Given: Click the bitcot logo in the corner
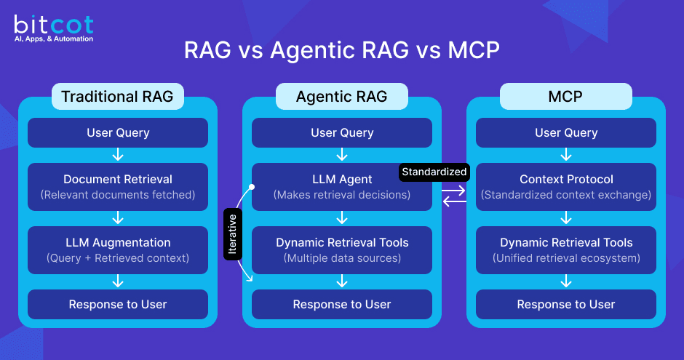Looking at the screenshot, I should (53, 27).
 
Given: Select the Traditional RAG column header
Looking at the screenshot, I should (117, 96).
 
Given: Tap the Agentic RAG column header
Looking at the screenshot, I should (341, 96).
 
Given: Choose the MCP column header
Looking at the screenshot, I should (565, 96).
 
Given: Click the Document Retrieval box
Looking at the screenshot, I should (117, 187).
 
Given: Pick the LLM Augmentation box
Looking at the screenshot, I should (117, 249).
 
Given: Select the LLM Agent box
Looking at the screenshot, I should (341, 187).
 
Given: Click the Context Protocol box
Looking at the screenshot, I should (565, 187).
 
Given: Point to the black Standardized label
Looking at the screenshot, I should (434, 172).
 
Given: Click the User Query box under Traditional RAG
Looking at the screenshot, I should (117, 133).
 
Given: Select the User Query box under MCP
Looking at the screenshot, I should (565, 133).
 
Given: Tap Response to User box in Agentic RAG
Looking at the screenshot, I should (341, 304).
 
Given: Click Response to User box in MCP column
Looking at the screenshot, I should (565, 304).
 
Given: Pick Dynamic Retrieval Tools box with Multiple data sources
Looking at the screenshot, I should (341, 249).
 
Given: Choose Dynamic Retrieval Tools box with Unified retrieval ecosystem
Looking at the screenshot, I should (565, 249).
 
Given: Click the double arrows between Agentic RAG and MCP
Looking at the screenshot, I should (453, 196).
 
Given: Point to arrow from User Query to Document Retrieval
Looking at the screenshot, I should (117, 156).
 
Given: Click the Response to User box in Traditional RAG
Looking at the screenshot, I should (117, 304).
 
